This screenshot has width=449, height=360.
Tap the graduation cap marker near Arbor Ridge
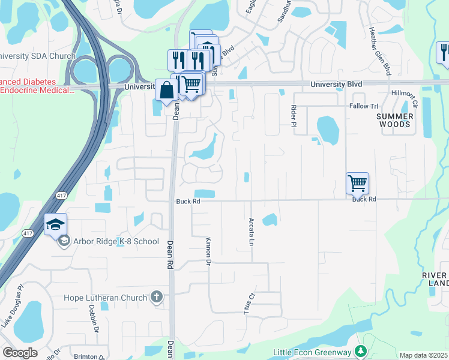55,226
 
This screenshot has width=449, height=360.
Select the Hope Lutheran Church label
106,298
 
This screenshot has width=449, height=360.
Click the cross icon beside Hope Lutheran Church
156,296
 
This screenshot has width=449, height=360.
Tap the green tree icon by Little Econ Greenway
361,351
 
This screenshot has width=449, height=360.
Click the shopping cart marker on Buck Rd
357,183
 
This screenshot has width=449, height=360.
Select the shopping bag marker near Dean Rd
166,91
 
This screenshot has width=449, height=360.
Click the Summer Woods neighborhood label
395,120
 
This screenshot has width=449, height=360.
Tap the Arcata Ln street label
252,231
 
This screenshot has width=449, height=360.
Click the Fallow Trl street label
363,106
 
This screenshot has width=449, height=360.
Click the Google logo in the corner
20,352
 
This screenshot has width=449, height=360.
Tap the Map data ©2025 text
423,355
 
